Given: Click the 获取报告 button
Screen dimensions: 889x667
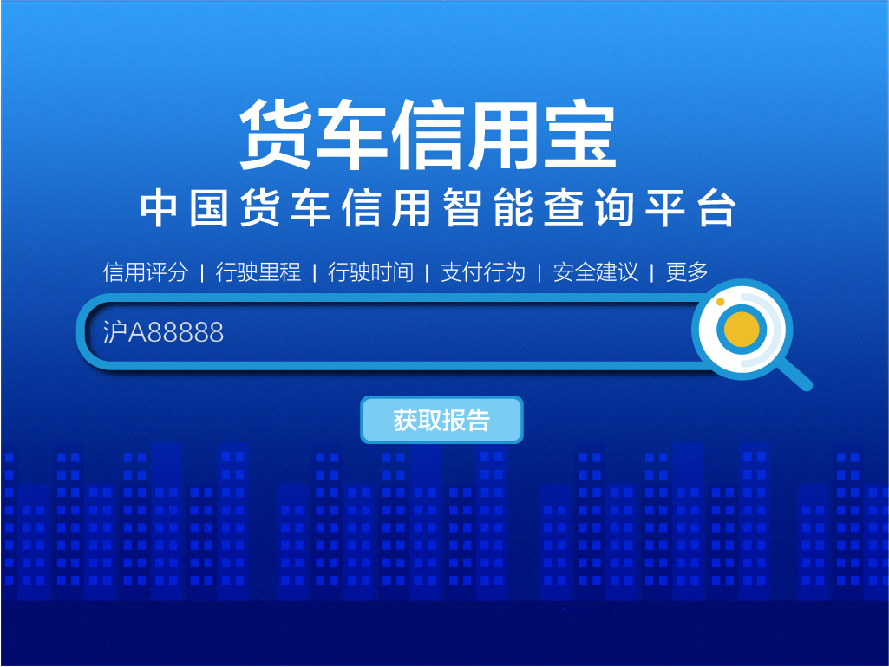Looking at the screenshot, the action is click(x=441, y=420).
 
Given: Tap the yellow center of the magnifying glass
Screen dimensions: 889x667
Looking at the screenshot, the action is click(x=742, y=329).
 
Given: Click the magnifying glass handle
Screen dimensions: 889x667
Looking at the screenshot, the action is click(x=794, y=375).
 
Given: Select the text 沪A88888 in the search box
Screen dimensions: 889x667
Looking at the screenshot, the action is click(x=163, y=332).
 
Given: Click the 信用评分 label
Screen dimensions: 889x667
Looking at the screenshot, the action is click(x=145, y=272).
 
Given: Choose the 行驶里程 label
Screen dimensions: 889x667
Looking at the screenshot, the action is click(x=258, y=272).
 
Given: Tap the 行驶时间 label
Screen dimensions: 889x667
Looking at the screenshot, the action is click(x=371, y=272).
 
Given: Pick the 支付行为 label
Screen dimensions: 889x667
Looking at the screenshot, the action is click(x=483, y=272).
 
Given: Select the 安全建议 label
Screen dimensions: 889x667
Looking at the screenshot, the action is click(x=595, y=272).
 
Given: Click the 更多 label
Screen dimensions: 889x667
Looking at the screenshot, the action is click(x=687, y=272).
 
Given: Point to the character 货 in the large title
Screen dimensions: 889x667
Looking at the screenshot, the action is click(x=276, y=135).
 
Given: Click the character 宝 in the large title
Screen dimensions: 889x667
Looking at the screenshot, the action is click(x=580, y=135).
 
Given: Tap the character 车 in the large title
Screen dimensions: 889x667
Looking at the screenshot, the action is click(x=351, y=135).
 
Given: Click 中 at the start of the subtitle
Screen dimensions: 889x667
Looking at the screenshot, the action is click(x=160, y=208).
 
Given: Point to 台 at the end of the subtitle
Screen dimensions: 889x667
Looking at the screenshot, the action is click(x=717, y=208).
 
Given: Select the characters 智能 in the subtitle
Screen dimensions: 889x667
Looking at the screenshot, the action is click(x=488, y=208).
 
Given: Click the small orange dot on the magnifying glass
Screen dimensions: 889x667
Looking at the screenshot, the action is click(x=721, y=302).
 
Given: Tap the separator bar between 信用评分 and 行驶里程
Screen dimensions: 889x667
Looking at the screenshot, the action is click(x=202, y=273).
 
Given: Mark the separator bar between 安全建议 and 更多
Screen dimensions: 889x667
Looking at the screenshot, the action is click(x=652, y=273).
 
